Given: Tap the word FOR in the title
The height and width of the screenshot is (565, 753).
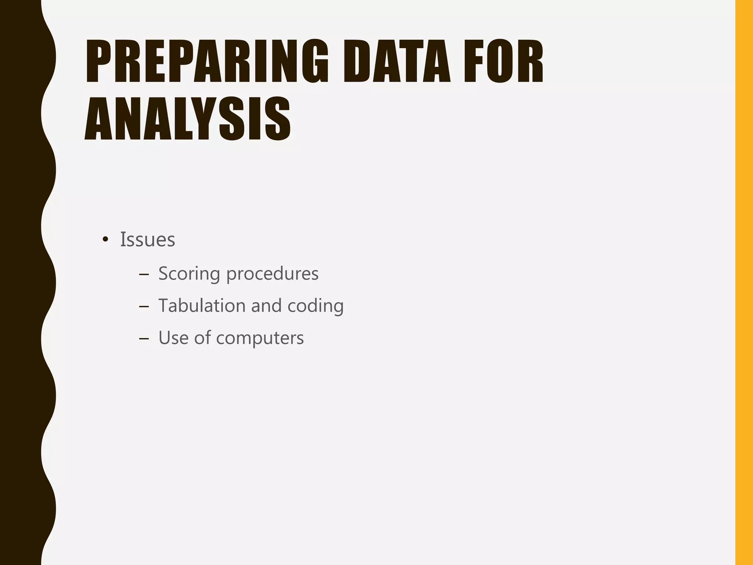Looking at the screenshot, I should [504, 61].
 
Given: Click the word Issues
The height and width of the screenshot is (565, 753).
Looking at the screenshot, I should [147, 239].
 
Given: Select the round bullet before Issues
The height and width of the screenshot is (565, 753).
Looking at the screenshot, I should [106, 240].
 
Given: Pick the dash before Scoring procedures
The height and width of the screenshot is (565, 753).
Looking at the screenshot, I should [144, 274].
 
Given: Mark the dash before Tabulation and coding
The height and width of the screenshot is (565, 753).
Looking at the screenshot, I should [144, 306].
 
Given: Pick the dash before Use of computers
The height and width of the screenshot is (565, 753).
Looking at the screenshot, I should [144, 338].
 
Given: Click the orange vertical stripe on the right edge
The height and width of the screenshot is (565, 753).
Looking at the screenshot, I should [744, 282].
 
